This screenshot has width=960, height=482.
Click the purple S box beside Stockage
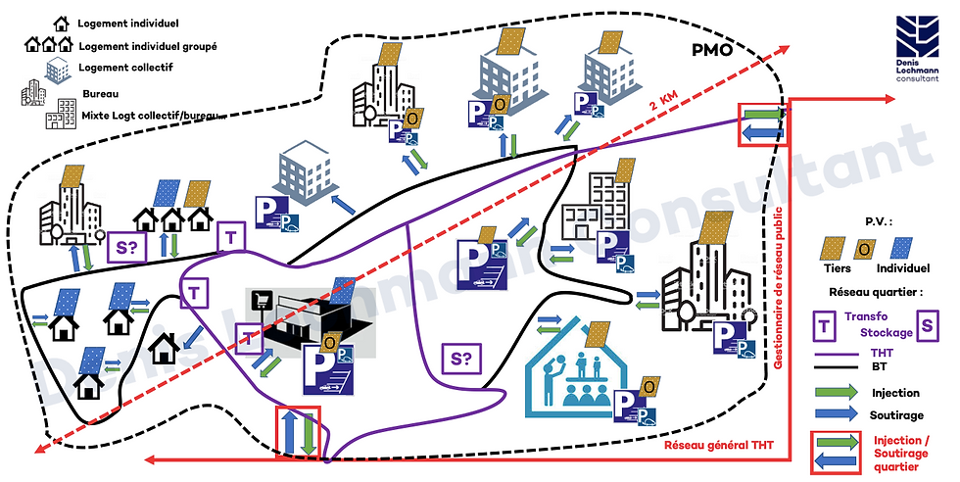pos(926,323)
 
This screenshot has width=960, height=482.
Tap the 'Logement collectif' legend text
pos(123,68)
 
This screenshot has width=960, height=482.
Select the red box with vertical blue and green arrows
pos(297,431)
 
